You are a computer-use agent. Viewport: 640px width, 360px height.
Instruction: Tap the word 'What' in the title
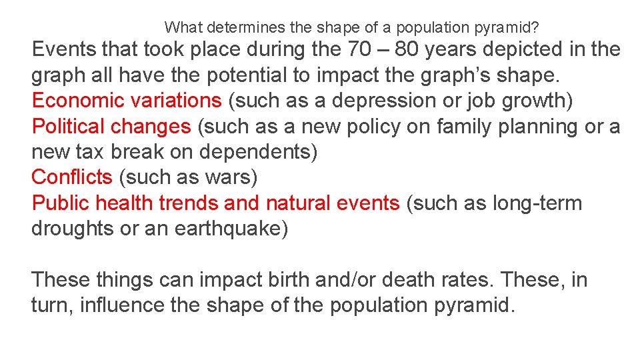pos(184,27)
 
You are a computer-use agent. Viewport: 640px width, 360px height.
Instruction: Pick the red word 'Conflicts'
pos(72,177)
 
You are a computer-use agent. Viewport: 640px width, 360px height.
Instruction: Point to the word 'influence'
pos(109,305)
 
